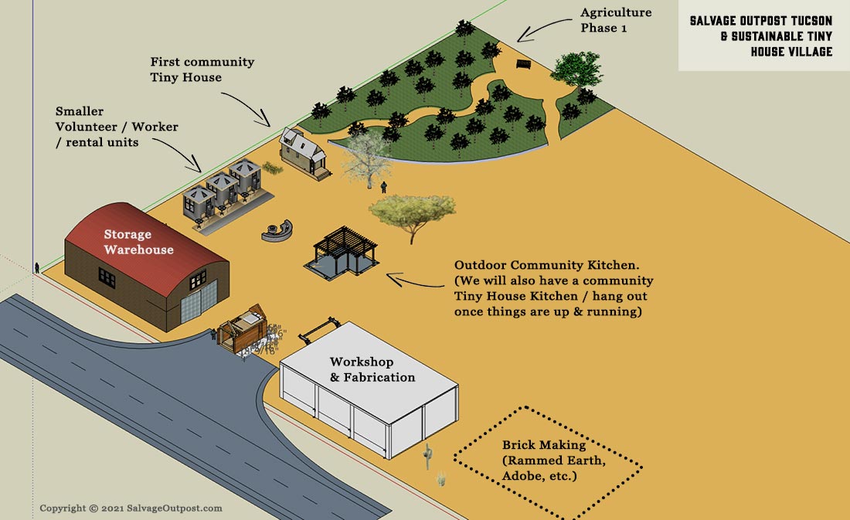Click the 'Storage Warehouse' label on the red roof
pyautogui.click(x=139, y=242)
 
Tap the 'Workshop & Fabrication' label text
pyautogui.click(x=372, y=369)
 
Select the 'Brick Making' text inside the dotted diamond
pyautogui.click(x=544, y=445)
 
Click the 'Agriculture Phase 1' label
pyautogui.click(x=616, y=19)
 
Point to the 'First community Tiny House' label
pyautogui.click(x=202, y=69)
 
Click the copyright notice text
pyautogui.click(x=131, y=508)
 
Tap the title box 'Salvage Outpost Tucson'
pyautogui.click(x=761, y=36)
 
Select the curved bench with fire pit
pyautogui.click(x=279, y=229)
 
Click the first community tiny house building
pyautogui.click(x=304, y=153)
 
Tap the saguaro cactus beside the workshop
pyautogui.click(x=427, y=457)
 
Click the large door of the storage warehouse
pyautogui.click(x=193, y=303)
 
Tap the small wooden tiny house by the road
pyautogui.click(x=242, y=331)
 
